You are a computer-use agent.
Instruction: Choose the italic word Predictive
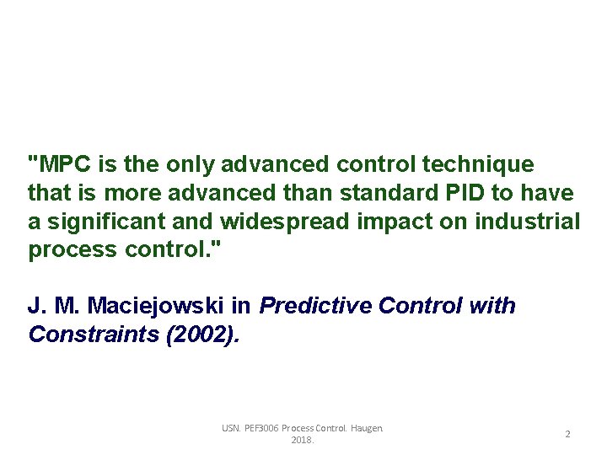pyautogui.click(x=315, y=306)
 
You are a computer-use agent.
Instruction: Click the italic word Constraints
pyautogui.click(x=94, y=335)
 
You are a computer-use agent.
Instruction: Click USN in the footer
pyautogui.click(x=230, y=428)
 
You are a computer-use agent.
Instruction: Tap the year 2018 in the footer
pyautogui.click(x=302, y=440)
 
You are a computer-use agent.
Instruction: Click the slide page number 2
pyautogui.click(x=567, y=434)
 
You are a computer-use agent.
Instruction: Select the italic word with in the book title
pyautogui.click(x=494, y=306)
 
